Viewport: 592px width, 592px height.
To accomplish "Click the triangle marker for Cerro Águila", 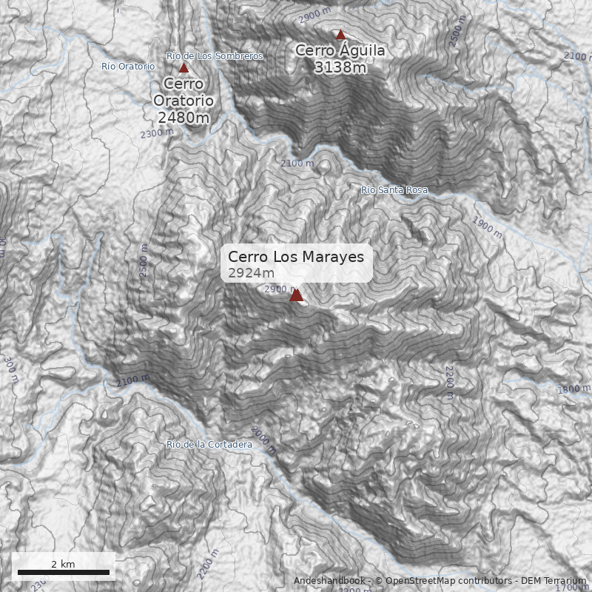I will (x=340, y=34).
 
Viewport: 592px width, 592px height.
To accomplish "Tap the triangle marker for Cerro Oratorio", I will (x=184, y=68).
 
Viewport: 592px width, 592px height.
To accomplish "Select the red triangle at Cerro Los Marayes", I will (x=296, y=295).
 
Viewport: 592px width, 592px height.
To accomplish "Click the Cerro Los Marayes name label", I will (x=296, y=257).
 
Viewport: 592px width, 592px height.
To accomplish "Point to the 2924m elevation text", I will (x=246, y=274).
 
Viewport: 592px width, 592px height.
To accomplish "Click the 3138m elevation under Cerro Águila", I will (x=340, y=67).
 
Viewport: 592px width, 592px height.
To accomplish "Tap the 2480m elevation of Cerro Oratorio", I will (x=184, y=117).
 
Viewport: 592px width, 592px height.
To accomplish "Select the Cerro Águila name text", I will (x=340, y=50).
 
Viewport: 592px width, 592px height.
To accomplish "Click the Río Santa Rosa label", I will (x=394, y=190).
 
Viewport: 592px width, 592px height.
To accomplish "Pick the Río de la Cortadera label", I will (x=209, y=445).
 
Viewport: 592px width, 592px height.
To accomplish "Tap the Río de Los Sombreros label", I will (x=215, y=56).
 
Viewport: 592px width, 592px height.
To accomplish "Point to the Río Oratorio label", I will (x=128, y=67).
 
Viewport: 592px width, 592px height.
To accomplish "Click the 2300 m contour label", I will (x=156, y=133).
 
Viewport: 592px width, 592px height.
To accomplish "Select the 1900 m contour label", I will (x=487, y=226).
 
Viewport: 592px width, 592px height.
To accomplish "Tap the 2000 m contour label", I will (x=263, y=440).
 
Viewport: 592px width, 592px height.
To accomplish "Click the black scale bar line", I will (x=63, y=572).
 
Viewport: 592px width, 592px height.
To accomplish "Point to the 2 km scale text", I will (x=63, y=564).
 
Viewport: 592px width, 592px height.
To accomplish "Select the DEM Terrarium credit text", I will (x=554, y=581).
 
